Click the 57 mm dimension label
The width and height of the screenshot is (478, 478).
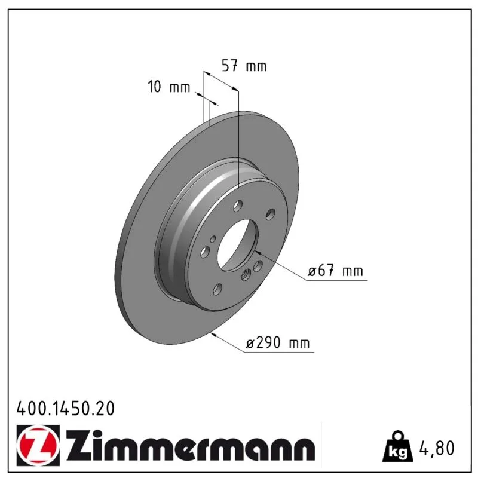coord(244,66)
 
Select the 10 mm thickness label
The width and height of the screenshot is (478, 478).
coord(169,87)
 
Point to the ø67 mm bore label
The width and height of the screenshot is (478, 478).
coord(335,271)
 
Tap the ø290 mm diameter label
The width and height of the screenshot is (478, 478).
coord(278,342)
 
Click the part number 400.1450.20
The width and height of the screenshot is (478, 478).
coord(66,409)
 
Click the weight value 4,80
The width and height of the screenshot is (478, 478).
coord(437,448)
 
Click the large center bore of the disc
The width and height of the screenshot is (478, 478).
coord(237,246)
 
